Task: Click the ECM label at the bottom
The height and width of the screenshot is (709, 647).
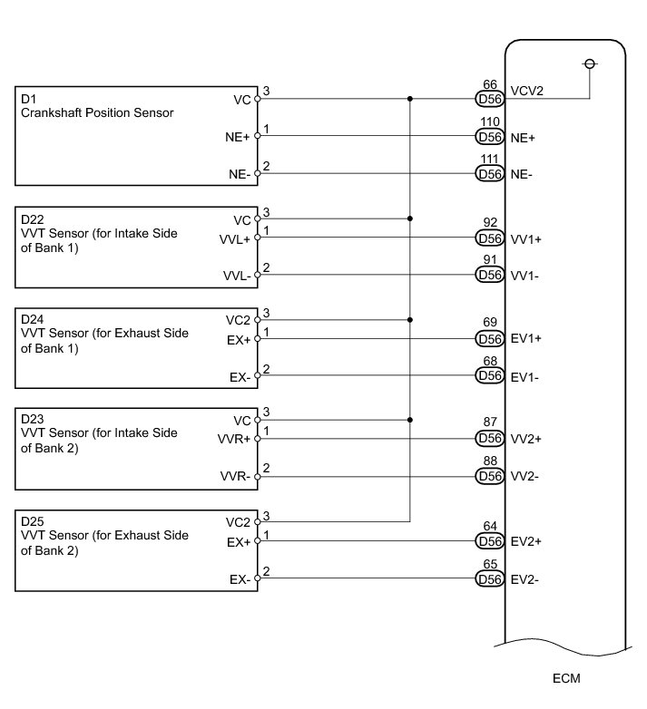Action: pyautogui.click(x=566, y=678)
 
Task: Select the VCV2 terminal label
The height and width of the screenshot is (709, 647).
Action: pyautogui.click(x=526, y=91)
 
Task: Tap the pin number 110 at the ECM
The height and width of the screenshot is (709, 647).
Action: pyautogui.click(x=490, y=121)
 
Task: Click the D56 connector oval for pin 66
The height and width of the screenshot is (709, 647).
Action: pyautogui.click(x=489, y=99)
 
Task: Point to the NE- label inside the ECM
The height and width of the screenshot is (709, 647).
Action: pyautogui.click(x=522, y=175)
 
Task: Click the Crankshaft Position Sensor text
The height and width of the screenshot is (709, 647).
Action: pyautogui.click(x=97, y=112)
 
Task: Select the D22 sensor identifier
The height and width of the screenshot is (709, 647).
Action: pyautogui.click(x=32, y=219)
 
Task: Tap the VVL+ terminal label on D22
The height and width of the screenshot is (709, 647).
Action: pyautogui.click(x=235, y=239)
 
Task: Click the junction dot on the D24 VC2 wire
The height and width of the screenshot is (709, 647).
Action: pyautogui.click(x=410, y=320)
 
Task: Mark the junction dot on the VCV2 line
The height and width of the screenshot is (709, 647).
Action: pyautogui.click(x=410, y=99)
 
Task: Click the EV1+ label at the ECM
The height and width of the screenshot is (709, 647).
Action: pyautogui.click(x=526, y=339)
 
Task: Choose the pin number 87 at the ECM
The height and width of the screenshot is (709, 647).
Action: pyautogui.click(x=490, y=422)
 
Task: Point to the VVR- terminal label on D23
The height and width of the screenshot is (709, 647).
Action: pyautogui.click(x=235, y=476)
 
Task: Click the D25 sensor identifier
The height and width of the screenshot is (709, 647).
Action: pyautogui.click(x=32, y=521)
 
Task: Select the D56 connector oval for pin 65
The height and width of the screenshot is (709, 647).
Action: pyautogui.click(x=489, y=579)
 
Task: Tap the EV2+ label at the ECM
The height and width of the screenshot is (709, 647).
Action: pyautogui.click(x=526, y=541)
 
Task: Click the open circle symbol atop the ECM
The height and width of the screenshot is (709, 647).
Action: pyautogui.click(x=590, y=64)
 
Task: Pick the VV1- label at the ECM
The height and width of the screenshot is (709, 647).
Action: pyautogui.click(x=524, y=276)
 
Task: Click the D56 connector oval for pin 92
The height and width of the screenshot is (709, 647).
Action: pyautogui.click(x=489, y=238)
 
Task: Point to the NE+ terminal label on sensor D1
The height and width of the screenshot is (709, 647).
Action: pyautogui.click(x=238, y=137)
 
